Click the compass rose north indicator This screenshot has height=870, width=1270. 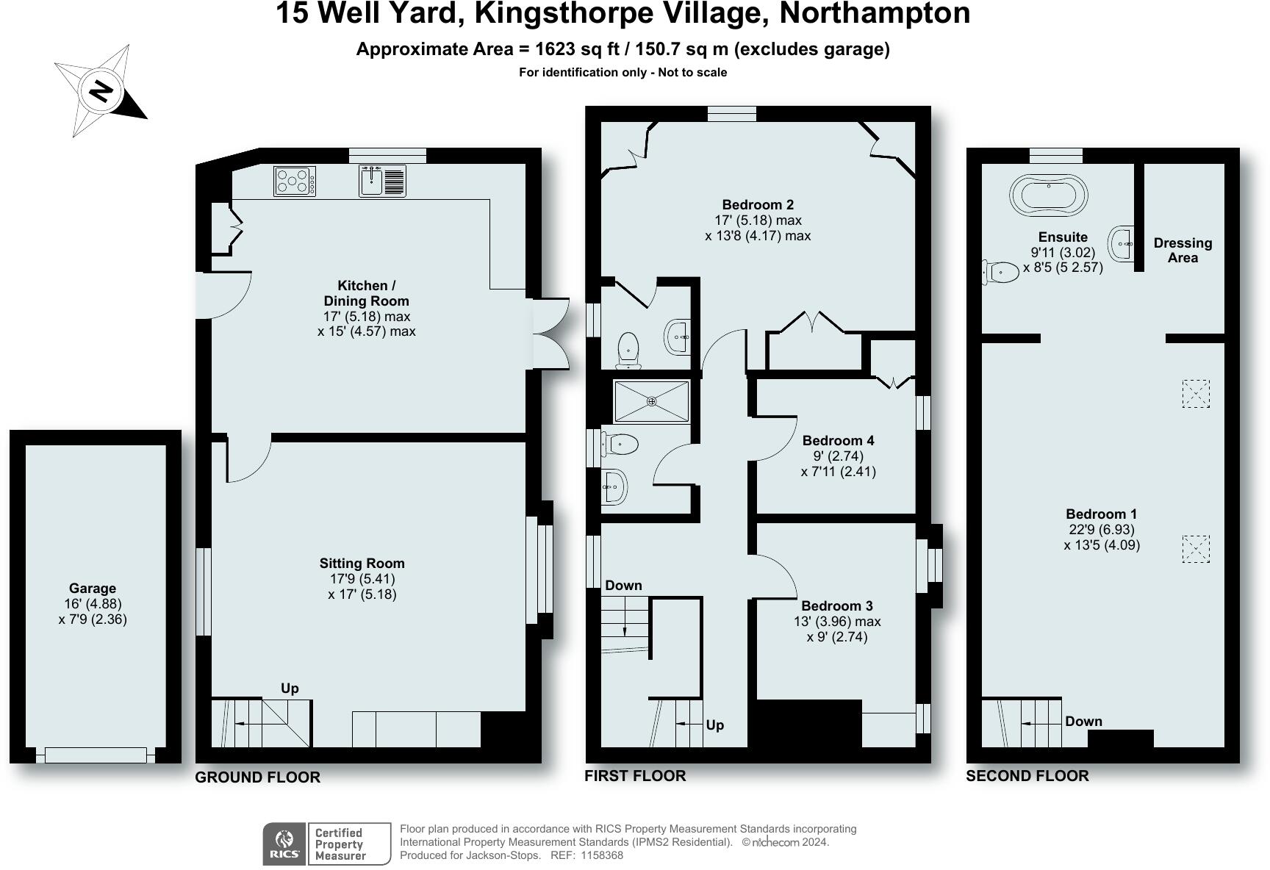point(101,91)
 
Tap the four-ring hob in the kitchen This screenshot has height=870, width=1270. point(295,181)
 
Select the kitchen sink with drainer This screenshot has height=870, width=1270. point(382,181)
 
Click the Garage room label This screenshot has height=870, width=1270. point(93,588)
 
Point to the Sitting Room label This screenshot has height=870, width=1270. point(362,563)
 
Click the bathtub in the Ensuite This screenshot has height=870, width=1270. point(1049,195)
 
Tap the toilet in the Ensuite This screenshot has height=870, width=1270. point(1000,272)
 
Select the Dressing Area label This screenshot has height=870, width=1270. point(1183,250)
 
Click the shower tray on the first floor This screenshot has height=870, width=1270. point(652,401)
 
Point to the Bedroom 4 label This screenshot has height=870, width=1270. point(838,440)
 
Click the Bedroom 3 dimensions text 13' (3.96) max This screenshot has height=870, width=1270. point(837,621)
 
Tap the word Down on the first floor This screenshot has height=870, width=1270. point(623,585)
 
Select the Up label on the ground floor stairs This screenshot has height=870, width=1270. point(290,688)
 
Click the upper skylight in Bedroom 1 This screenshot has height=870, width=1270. point(1196,393)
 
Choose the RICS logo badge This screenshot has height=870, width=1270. point(284,844)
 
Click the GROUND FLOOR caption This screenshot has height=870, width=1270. point(257,777)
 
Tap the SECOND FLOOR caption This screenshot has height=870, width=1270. point(1027,775)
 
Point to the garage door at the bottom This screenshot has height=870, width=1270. point(96,755)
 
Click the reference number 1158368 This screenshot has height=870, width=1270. point(602,855)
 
